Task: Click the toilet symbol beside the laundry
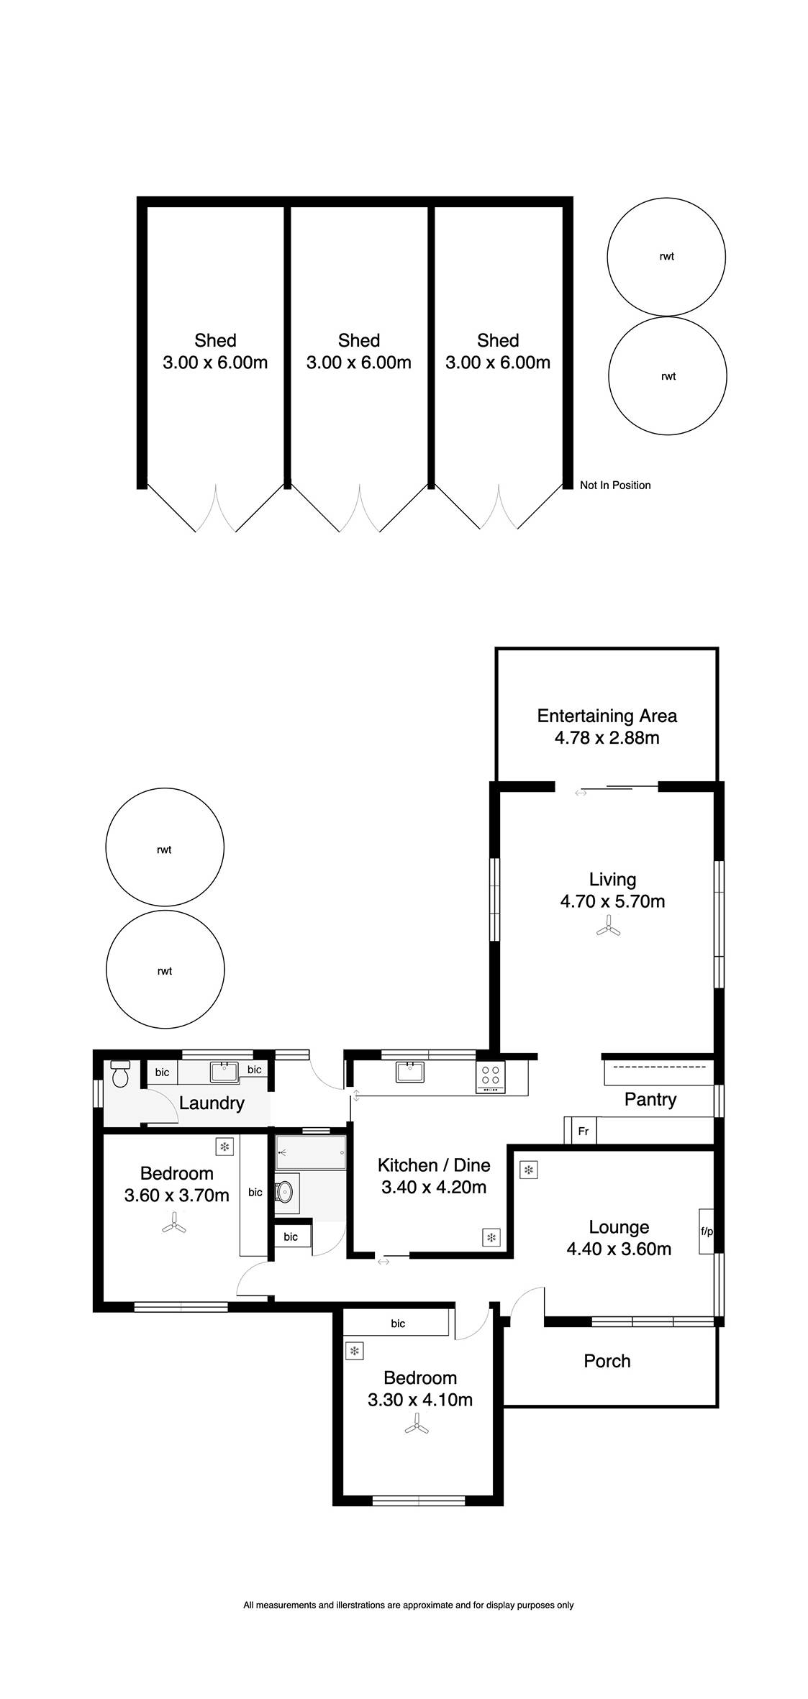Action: click(x=120, y=1073)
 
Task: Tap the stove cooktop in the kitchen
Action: click(x=491, y=1078)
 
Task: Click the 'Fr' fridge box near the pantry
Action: click(x=584, y=1131)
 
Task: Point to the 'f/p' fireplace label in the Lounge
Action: click(x=707, y=1231)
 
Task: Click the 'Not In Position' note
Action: click(x=615, y=486)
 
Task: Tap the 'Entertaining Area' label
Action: click(x=607, y=716)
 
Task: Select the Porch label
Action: click(x=607, y=1361)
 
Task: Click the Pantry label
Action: click(x=650, y=1100)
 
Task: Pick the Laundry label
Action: click(x=212, y=1103)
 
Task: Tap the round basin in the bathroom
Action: click(x=286, y=1191)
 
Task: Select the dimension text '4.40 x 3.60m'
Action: click(x=619, y=1249)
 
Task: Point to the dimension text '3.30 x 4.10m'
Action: click(x=420, y=1400)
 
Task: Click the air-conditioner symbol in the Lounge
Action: click(x=529, y=1170)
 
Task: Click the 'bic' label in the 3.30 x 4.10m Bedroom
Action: click(x=398, y=1324)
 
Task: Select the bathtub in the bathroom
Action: click(x=311, y=1152)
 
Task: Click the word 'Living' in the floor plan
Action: click(x=613, y=880)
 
